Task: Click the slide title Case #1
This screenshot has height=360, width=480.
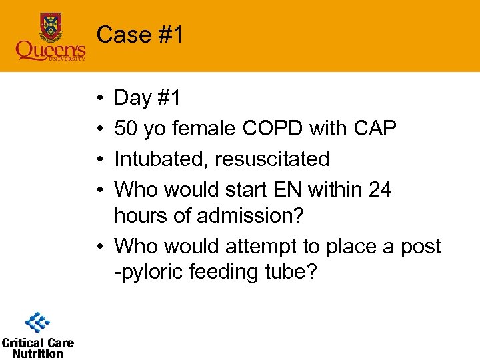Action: [x=139, y=35]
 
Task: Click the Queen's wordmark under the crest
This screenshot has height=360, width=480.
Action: [x=51, y=50]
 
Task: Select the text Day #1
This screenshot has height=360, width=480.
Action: [x=147, y=98]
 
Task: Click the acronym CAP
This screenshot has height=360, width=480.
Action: [x=373, y=129]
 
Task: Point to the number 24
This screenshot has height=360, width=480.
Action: [x=379, y=190]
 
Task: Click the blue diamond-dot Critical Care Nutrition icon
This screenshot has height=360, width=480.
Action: [x=38, y=323]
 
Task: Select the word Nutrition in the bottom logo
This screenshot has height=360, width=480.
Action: [x=37, y=353]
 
